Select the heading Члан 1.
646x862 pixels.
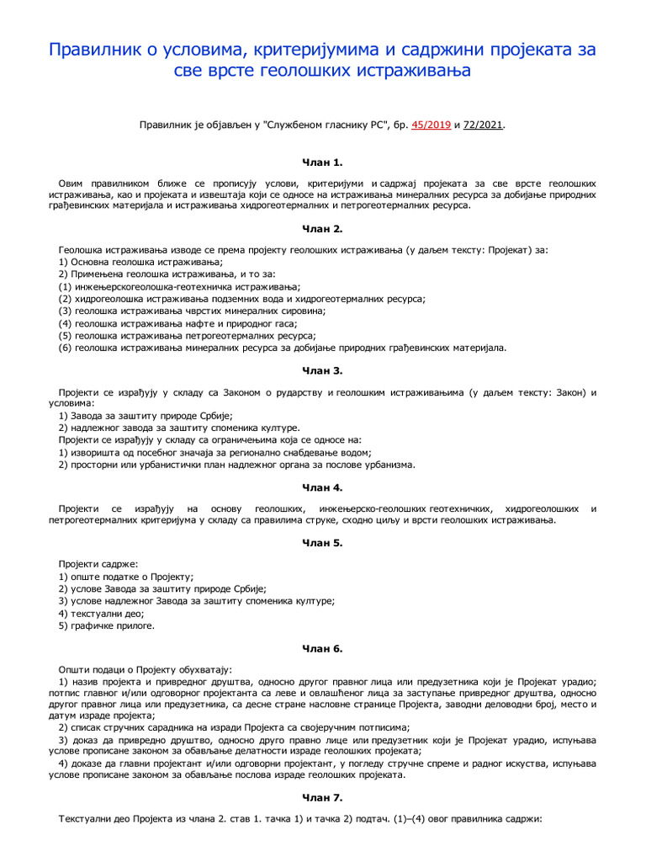pyautogui.click(x=323, y=162)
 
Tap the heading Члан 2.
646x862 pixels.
pyautogui.click(x=323, y=228)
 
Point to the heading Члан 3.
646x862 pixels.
pyautogui.click(x=323, y=370)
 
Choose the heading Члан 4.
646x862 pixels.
pyautogui.click(x=323, y=487)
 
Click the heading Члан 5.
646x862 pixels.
pyautogui.click(x=323, y=542)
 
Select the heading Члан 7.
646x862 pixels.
pyautogui.click(x=323, y=797)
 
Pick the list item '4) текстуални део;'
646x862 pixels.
pyautogui.click(x=95, y=614)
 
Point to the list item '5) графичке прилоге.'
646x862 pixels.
pyautogui.click(x=107, y=625)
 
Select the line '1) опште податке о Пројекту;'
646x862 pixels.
pyautogui.click(x=126, y=577)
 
